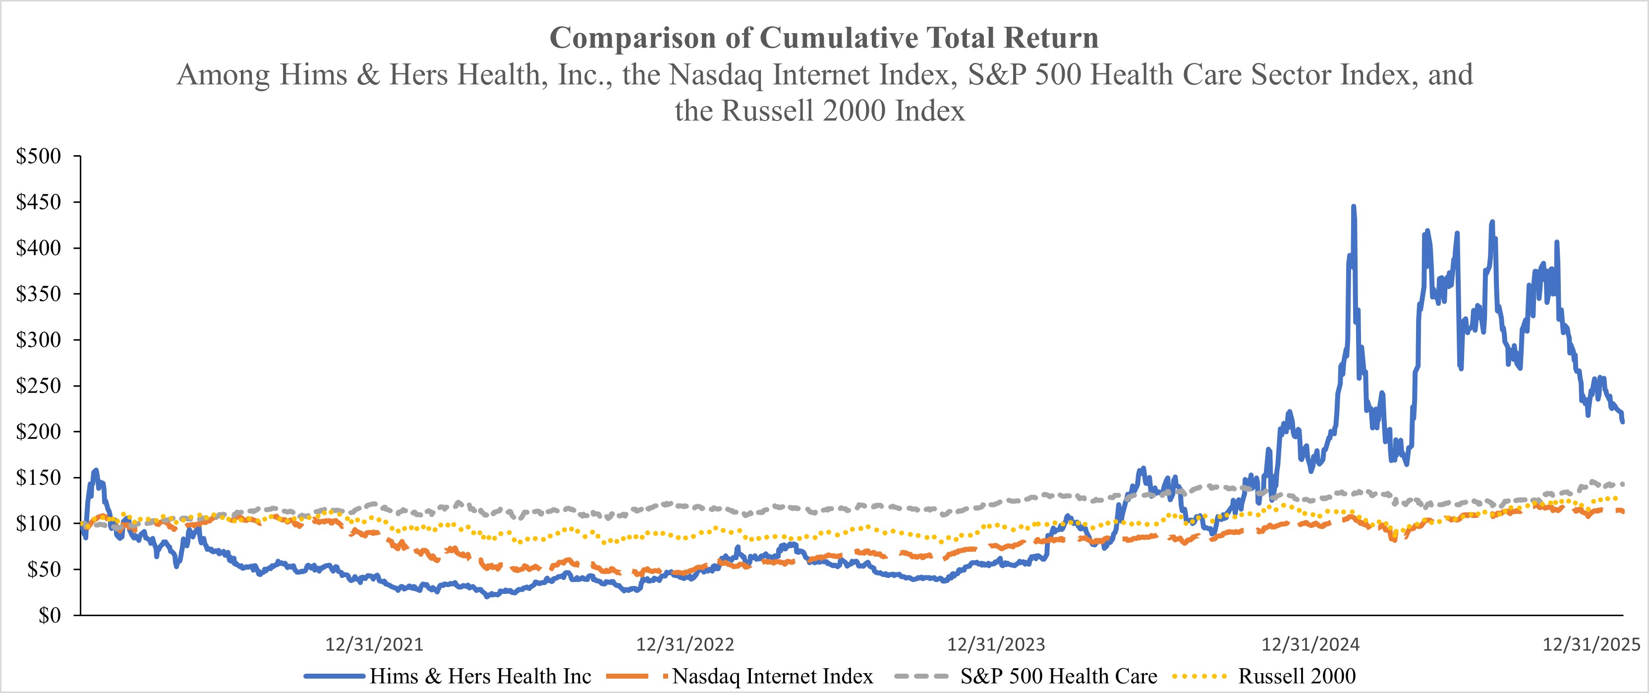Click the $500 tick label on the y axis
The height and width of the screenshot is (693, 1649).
pyautogui.click(x=38, y=156)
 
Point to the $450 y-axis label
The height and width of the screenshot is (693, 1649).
pyautogui.click(x=38, y=202)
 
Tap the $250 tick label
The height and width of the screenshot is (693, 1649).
pyautogui.click(x=38, y=386)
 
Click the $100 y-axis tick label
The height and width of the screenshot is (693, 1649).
pyautogui.click(x=38, y=523)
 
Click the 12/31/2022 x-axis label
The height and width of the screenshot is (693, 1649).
pyautogui.click(x=685, y=644)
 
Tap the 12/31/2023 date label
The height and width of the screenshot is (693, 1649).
pyautogui.click(x=996, y=644)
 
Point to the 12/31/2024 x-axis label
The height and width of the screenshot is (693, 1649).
pyautogui.click(x=1310, y=644)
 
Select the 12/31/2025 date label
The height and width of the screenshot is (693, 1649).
pyautogui.click(x=1592, y=644)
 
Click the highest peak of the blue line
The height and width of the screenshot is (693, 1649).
pyautogui.click(x=1353, y=207)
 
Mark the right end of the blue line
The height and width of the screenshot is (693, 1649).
pyautogui.click(x=1622, y=421)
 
